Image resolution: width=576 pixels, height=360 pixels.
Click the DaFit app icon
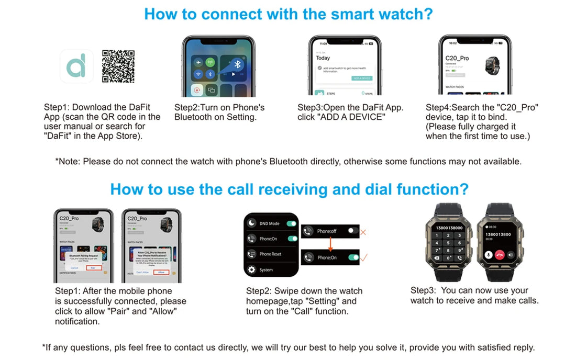[76, 66]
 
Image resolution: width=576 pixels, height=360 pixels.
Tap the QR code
[118, 66]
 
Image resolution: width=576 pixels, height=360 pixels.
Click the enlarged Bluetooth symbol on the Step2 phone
[237, 64]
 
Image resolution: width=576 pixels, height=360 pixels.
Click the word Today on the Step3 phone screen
[323, 58]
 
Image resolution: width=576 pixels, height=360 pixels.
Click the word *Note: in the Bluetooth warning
[68, 161]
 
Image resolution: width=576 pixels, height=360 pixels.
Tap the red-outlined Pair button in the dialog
[93, 267]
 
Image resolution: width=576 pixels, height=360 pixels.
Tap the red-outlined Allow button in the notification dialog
[161, 272]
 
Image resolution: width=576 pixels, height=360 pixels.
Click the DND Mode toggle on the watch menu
[292, 223]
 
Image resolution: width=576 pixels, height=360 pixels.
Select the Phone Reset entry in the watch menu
[270, 254]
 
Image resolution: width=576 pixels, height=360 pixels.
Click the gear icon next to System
[251, 270]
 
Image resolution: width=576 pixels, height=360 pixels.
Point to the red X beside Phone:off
[363, 231]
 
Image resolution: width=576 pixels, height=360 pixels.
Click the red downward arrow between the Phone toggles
[330, 244]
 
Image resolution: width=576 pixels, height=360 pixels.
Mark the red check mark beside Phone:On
[364, 257]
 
